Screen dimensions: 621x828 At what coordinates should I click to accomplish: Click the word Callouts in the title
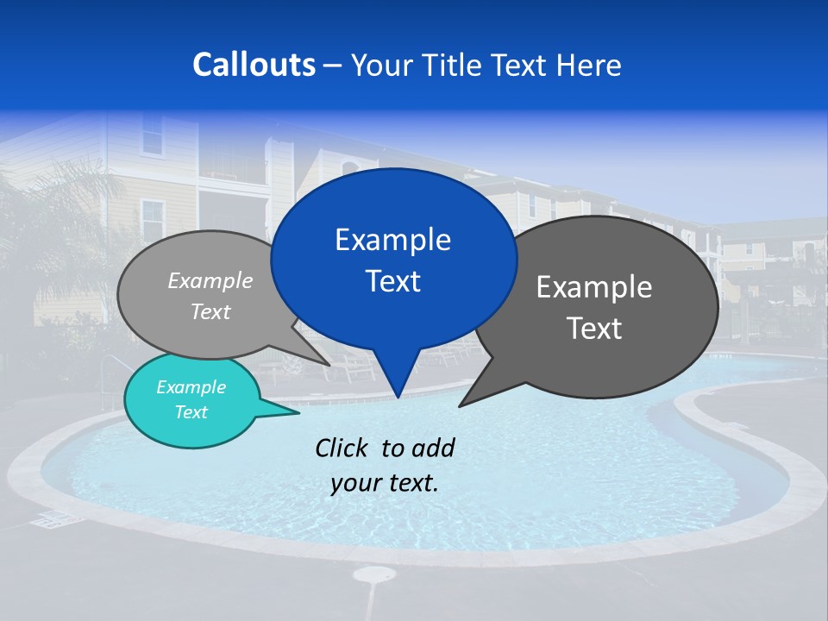click(254, 65)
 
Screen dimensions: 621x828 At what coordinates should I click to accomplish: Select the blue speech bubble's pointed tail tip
click(398, 397)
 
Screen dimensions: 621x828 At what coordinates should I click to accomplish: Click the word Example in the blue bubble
click(392, 240)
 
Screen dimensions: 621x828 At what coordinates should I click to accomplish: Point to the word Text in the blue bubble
click(392, 281)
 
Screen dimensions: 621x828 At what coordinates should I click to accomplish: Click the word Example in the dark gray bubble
click(594, 287)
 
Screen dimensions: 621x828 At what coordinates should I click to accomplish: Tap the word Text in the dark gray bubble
click(594, 329)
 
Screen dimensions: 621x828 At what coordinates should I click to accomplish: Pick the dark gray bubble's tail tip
click(460, 405)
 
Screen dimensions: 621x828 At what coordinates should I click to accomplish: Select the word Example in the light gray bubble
click(210, 281)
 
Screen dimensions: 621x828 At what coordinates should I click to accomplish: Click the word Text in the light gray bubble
click(210, 312)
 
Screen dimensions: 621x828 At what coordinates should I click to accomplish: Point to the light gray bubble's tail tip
click(330, 365)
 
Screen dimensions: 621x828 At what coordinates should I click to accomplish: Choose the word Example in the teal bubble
click(191, 387)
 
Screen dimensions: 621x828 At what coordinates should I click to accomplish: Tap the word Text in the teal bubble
click(191, 412)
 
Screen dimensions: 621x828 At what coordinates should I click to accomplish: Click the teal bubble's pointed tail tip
click(299, 412)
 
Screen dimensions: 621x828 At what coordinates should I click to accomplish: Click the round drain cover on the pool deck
click(374, 574)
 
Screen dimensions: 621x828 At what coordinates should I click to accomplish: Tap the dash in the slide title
click(333, 66)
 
